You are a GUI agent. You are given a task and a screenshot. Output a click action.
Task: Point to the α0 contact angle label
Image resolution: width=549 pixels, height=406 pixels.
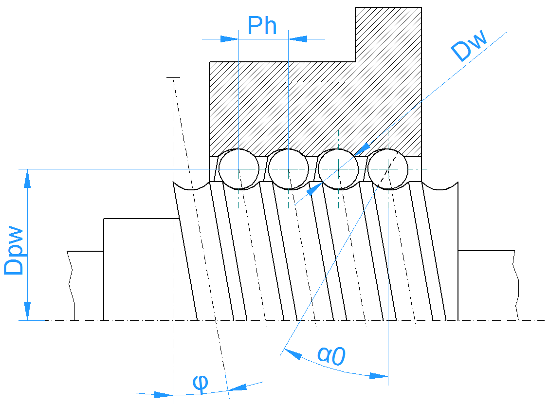pos(331,355)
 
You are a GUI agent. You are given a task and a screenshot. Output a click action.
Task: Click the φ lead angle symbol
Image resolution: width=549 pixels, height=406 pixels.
pos(200,383)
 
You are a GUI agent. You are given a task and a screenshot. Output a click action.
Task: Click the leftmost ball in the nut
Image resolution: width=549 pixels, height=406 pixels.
pos(238,169)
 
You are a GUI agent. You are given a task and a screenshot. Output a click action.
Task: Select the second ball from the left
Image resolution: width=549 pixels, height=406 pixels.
pos(288,169)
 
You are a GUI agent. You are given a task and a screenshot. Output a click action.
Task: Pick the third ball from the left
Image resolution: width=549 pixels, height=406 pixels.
pos(338,169)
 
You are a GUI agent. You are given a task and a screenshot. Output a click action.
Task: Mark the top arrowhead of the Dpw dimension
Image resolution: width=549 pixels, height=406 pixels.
pos(28,178)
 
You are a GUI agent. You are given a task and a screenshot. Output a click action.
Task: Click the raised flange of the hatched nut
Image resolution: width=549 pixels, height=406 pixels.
pos(388,34)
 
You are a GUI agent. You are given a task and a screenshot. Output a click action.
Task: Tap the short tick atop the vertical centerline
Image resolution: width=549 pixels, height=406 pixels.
pos(173,77)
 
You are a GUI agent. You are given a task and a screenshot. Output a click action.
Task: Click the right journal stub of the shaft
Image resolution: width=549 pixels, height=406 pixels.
pos(487,285)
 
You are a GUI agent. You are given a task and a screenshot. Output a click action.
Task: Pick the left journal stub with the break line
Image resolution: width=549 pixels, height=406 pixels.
pos(86,285)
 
